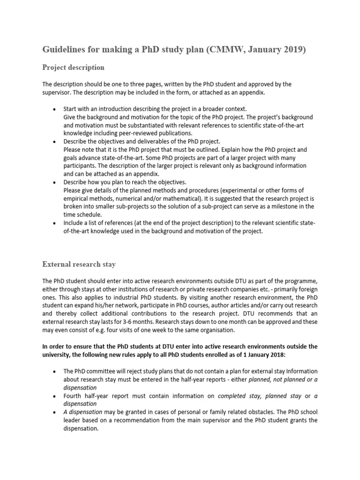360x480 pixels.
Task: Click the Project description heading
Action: [x=73, y=67]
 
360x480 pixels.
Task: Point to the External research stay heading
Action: [x=79, y=264]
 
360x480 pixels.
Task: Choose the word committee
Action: [x=100, y=371]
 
